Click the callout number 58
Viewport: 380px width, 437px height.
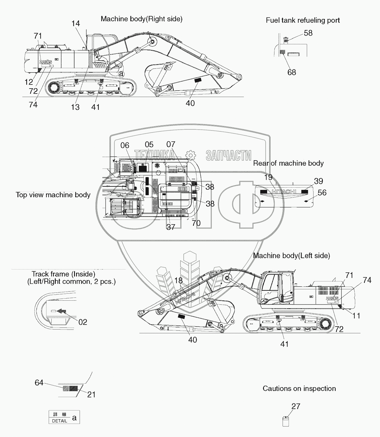308,33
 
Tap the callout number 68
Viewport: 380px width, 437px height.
292,73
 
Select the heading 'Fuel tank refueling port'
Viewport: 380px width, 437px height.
303,20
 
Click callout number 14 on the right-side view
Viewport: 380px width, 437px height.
76,24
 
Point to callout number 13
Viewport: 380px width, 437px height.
75,107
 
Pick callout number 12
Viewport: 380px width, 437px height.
29,82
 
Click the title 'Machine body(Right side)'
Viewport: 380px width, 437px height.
141,19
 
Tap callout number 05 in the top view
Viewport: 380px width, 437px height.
149,145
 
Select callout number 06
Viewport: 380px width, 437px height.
125,145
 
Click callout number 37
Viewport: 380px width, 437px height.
171,227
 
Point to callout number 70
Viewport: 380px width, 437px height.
196,223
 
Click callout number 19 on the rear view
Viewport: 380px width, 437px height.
268,177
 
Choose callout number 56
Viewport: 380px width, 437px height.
322,193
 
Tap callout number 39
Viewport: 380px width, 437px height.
318,181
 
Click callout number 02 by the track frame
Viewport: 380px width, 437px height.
83,322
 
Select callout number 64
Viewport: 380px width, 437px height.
39,383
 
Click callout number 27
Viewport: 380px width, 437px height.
296,406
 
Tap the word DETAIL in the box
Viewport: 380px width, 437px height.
59,421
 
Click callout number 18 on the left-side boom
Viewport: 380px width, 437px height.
178,281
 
